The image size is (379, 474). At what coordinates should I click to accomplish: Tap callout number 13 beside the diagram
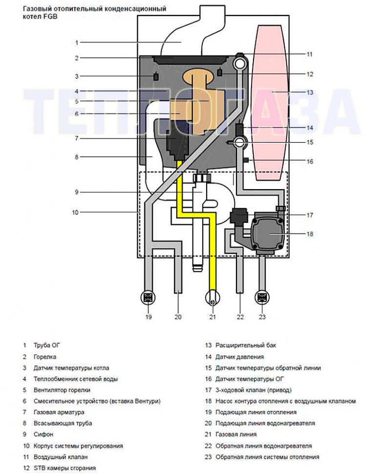(x=309, y=92)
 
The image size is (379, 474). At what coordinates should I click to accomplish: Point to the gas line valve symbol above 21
(x=212, y=297)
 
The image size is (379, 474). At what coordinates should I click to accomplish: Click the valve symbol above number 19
(x=148, y=297)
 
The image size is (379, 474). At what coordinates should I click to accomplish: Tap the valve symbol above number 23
(x=262, y=297)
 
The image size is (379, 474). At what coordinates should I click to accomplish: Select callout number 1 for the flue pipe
(x=76, y=43)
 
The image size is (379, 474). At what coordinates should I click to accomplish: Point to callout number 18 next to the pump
(x=309, y=234)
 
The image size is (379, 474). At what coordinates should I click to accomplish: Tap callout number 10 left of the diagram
(x=75, y=213)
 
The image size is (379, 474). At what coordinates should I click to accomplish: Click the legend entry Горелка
(x=45, y=357)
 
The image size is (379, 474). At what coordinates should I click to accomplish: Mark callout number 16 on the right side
(x=309, y=161)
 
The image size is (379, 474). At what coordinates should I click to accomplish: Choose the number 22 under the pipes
(x=240, y=317)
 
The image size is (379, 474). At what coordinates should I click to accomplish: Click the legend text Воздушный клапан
(x=61, y=457)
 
